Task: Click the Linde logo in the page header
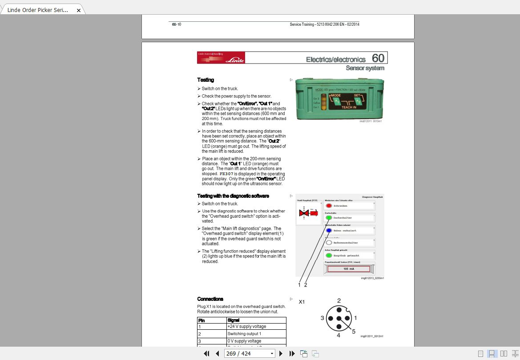(234, 60)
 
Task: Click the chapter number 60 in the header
(378, 58)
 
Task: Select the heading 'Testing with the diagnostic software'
(233, 196)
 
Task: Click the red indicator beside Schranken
(329, 206)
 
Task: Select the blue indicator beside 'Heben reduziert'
(329, 231)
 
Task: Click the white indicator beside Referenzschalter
(329, 243)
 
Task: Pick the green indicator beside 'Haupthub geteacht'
(329, 256)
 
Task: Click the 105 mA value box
(349, 269)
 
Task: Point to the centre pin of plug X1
(339, 318)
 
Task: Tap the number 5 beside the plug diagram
(354, 331)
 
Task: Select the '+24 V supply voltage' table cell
(256, 327)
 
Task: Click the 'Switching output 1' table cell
(256, 334)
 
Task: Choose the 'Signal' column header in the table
(256, 320)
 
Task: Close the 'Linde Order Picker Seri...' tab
(79, 10)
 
